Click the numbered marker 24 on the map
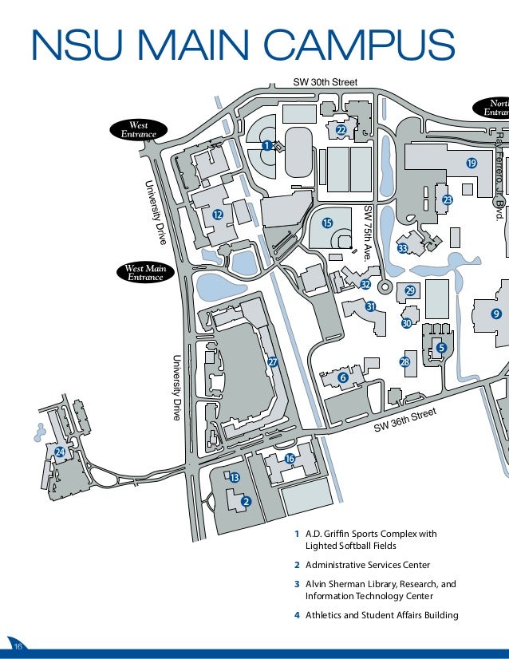(x=60, y=452)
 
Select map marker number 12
(x=217, y=214)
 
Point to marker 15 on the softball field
(x=326, y=223)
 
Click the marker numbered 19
(x=471, y=163)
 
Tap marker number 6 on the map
(x=342, y=377)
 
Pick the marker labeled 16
(x=290, y=458)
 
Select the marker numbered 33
(x=403, y=249)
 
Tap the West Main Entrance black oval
(x=145, y=272)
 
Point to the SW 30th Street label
(x=325, y=82)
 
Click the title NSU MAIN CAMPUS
(x=243, y=45)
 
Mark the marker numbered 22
(x=341, y=130)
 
